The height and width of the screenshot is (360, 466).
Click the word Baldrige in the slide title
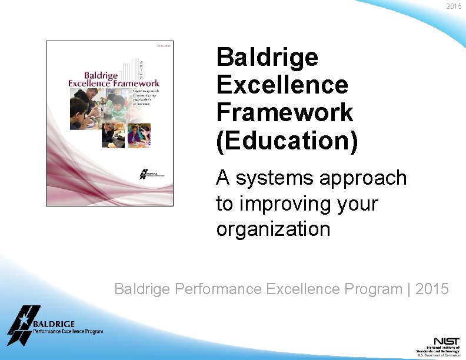267,58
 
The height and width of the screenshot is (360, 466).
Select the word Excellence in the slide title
282,85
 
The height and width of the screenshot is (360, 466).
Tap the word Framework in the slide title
285,112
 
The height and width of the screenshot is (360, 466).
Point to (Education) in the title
287,141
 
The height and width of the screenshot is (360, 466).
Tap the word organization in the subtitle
273,229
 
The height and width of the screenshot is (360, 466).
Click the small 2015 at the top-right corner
454,6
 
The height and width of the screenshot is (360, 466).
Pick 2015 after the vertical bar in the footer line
432,289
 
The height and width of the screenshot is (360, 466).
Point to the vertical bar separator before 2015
409,289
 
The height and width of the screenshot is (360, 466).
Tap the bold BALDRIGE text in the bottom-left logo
54,324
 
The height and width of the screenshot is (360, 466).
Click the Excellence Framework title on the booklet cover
113,83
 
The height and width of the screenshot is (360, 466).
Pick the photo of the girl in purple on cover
139,134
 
